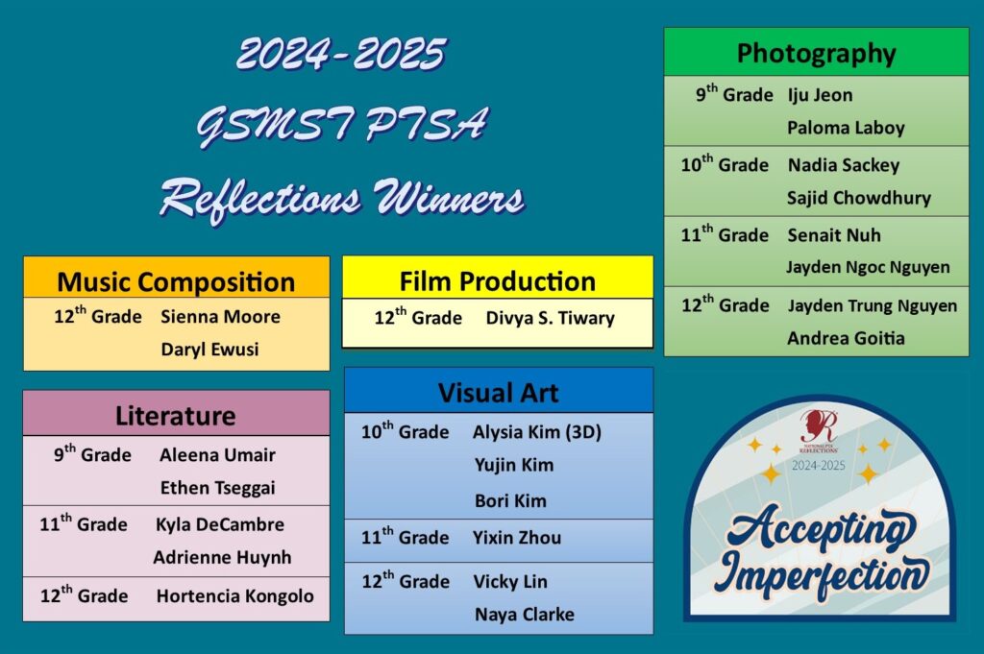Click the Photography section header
(x=816, y=54)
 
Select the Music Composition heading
(x=177, y=282)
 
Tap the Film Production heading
(x=498, y=281)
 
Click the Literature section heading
(x=176, y=416)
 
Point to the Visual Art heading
(x=499, y=393)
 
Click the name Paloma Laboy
(x=846, y=129)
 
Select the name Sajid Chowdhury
(x=859, y=198)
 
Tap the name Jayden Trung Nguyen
(x=873, y=306)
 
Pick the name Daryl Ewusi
(x=209, y=350)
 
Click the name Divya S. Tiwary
(x=551, y=318)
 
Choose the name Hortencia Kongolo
(x=235, y=595)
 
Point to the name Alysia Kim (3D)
(x=537, y=432)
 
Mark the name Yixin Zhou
(x=517, y=538)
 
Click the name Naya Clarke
(x=525, y=615)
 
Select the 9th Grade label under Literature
(x=92, y=454)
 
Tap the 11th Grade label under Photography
(x=725, y=234)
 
